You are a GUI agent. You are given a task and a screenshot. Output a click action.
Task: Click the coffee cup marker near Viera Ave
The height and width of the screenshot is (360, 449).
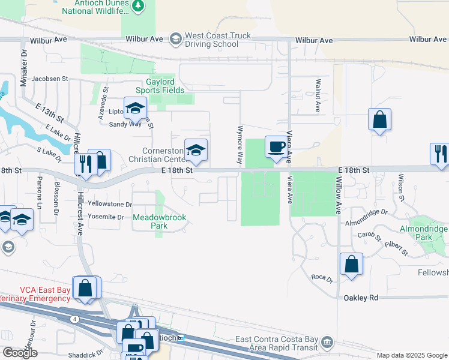[x=276, y=147]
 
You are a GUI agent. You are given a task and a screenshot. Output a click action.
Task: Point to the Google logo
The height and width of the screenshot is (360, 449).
[x=20, y=353]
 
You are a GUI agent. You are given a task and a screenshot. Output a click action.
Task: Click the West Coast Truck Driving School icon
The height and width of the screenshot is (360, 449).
[x=175, y=40]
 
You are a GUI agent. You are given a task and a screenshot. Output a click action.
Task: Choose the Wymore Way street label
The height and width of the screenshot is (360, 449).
[x=240, y=146]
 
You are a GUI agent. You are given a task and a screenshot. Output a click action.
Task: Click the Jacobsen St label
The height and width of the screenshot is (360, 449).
[x=50, y=79]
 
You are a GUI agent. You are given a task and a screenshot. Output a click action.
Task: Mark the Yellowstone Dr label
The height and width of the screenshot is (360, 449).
[x=109, y=205]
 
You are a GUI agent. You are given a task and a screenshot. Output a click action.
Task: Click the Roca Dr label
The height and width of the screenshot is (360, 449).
[x=322, y=277]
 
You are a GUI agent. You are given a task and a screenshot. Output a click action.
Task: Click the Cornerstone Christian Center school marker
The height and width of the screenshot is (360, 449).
[x=196, y=151]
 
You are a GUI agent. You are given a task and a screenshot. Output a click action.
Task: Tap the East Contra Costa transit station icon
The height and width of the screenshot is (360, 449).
[x=328, y=342]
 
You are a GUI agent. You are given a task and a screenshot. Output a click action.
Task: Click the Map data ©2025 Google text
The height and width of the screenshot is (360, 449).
[x=412, y=355]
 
